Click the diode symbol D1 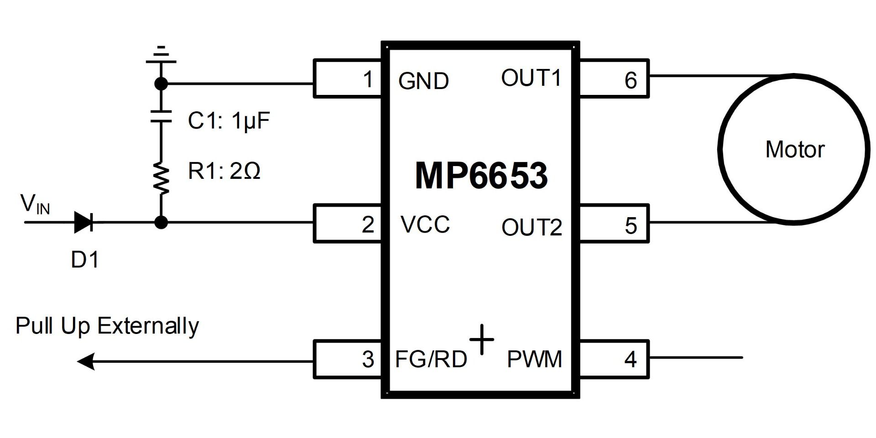84,223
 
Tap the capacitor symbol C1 161,116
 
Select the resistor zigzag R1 161,178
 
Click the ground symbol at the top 161,55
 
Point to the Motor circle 794,149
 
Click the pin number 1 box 348,78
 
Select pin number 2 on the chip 348,224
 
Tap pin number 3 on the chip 348,359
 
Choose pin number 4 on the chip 614,359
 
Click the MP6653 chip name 481,176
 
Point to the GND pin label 423,81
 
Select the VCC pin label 425,224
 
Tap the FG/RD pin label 431,359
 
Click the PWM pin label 534,359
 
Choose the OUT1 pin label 531,78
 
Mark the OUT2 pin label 532,227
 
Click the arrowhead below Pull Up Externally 86,361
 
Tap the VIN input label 35,204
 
